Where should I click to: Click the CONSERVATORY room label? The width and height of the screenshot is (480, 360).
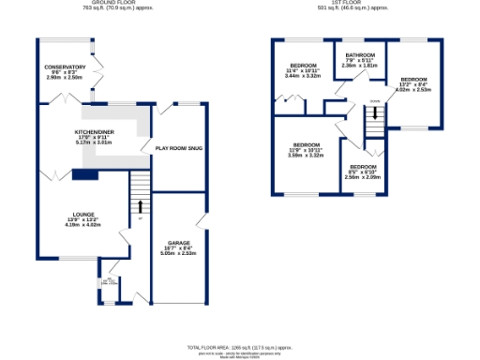[x=66, y=67]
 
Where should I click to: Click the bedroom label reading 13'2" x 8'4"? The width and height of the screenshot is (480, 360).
[x=413, y=80]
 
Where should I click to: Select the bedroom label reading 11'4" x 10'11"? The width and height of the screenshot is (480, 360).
[x=303, y=65]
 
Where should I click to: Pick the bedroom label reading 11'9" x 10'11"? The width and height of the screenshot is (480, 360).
[x=305, y=144]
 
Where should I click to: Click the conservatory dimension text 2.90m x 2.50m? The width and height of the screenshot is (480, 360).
[x=66, y=78]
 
